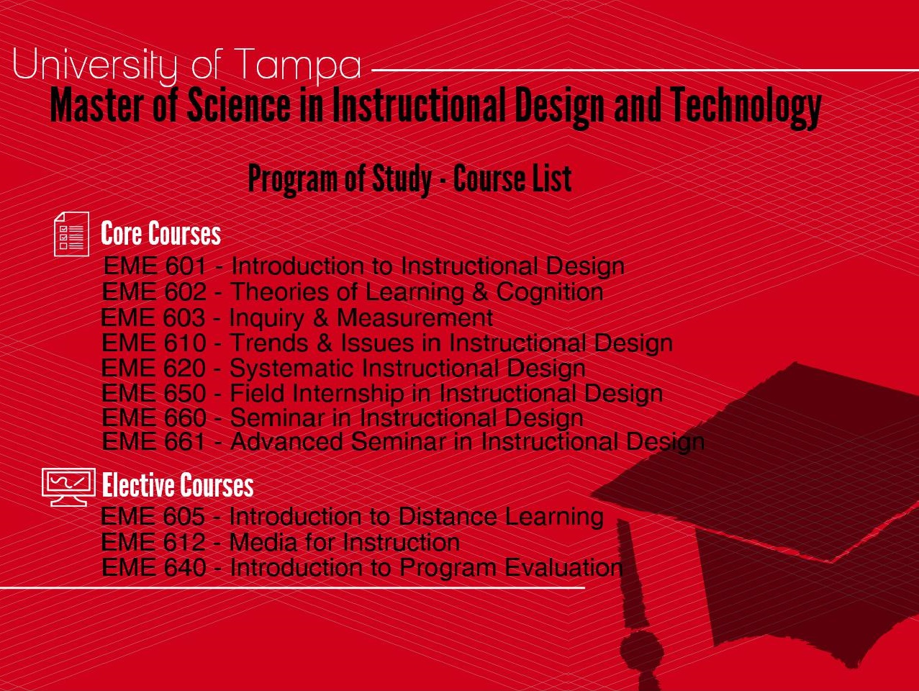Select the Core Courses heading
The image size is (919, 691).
160,233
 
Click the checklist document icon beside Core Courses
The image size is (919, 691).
71,234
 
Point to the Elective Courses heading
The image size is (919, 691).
178,485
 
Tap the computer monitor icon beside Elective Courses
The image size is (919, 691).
68,487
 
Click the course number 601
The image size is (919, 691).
186,266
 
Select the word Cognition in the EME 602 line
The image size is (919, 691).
550,293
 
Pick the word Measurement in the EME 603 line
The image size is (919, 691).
415,318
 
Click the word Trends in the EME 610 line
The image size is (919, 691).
270,343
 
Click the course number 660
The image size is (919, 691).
185,417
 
